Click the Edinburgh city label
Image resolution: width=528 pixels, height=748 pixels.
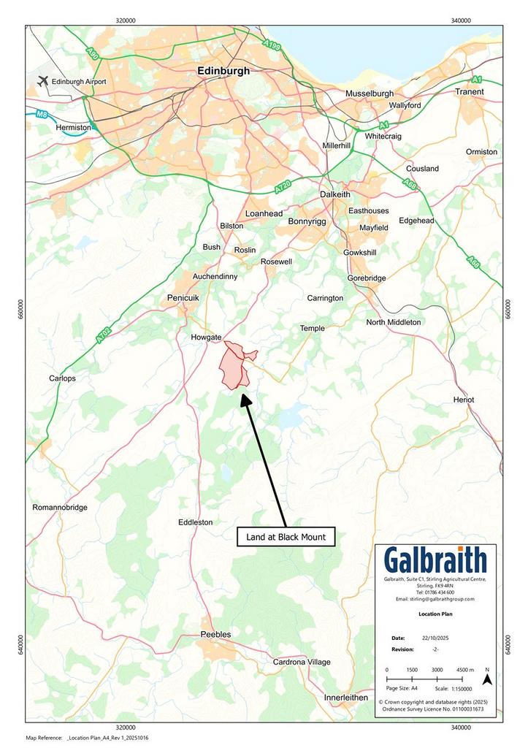pyautogui.click(x=223, y=71)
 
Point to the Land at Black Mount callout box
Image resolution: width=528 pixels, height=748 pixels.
pyautogui.click(x=286, y=537)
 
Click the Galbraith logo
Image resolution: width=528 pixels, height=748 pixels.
pyautogui.click(x=435, y=561)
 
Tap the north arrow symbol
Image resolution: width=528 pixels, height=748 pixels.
pyautogui.click(x=488, y=680)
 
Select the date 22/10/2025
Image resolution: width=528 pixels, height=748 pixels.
pyautogui.click(x=436, y=638)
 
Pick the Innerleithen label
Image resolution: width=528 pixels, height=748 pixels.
pyautogui.click(x=346, y=698)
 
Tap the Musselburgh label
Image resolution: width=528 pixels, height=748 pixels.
pyautogui.click(x=370, y=93)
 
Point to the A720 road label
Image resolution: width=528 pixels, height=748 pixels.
pyautogui.click(x=283, y=189)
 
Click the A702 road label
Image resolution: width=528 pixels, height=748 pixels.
pyautogui.click(x=102, y=339)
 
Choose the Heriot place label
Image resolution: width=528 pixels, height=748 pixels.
pyautogui.click(x=463, y=400)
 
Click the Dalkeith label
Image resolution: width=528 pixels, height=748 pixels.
pyautogui.click(x=335, y=194)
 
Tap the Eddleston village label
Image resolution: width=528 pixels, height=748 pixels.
pyautogui.click(x=196, y=522)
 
